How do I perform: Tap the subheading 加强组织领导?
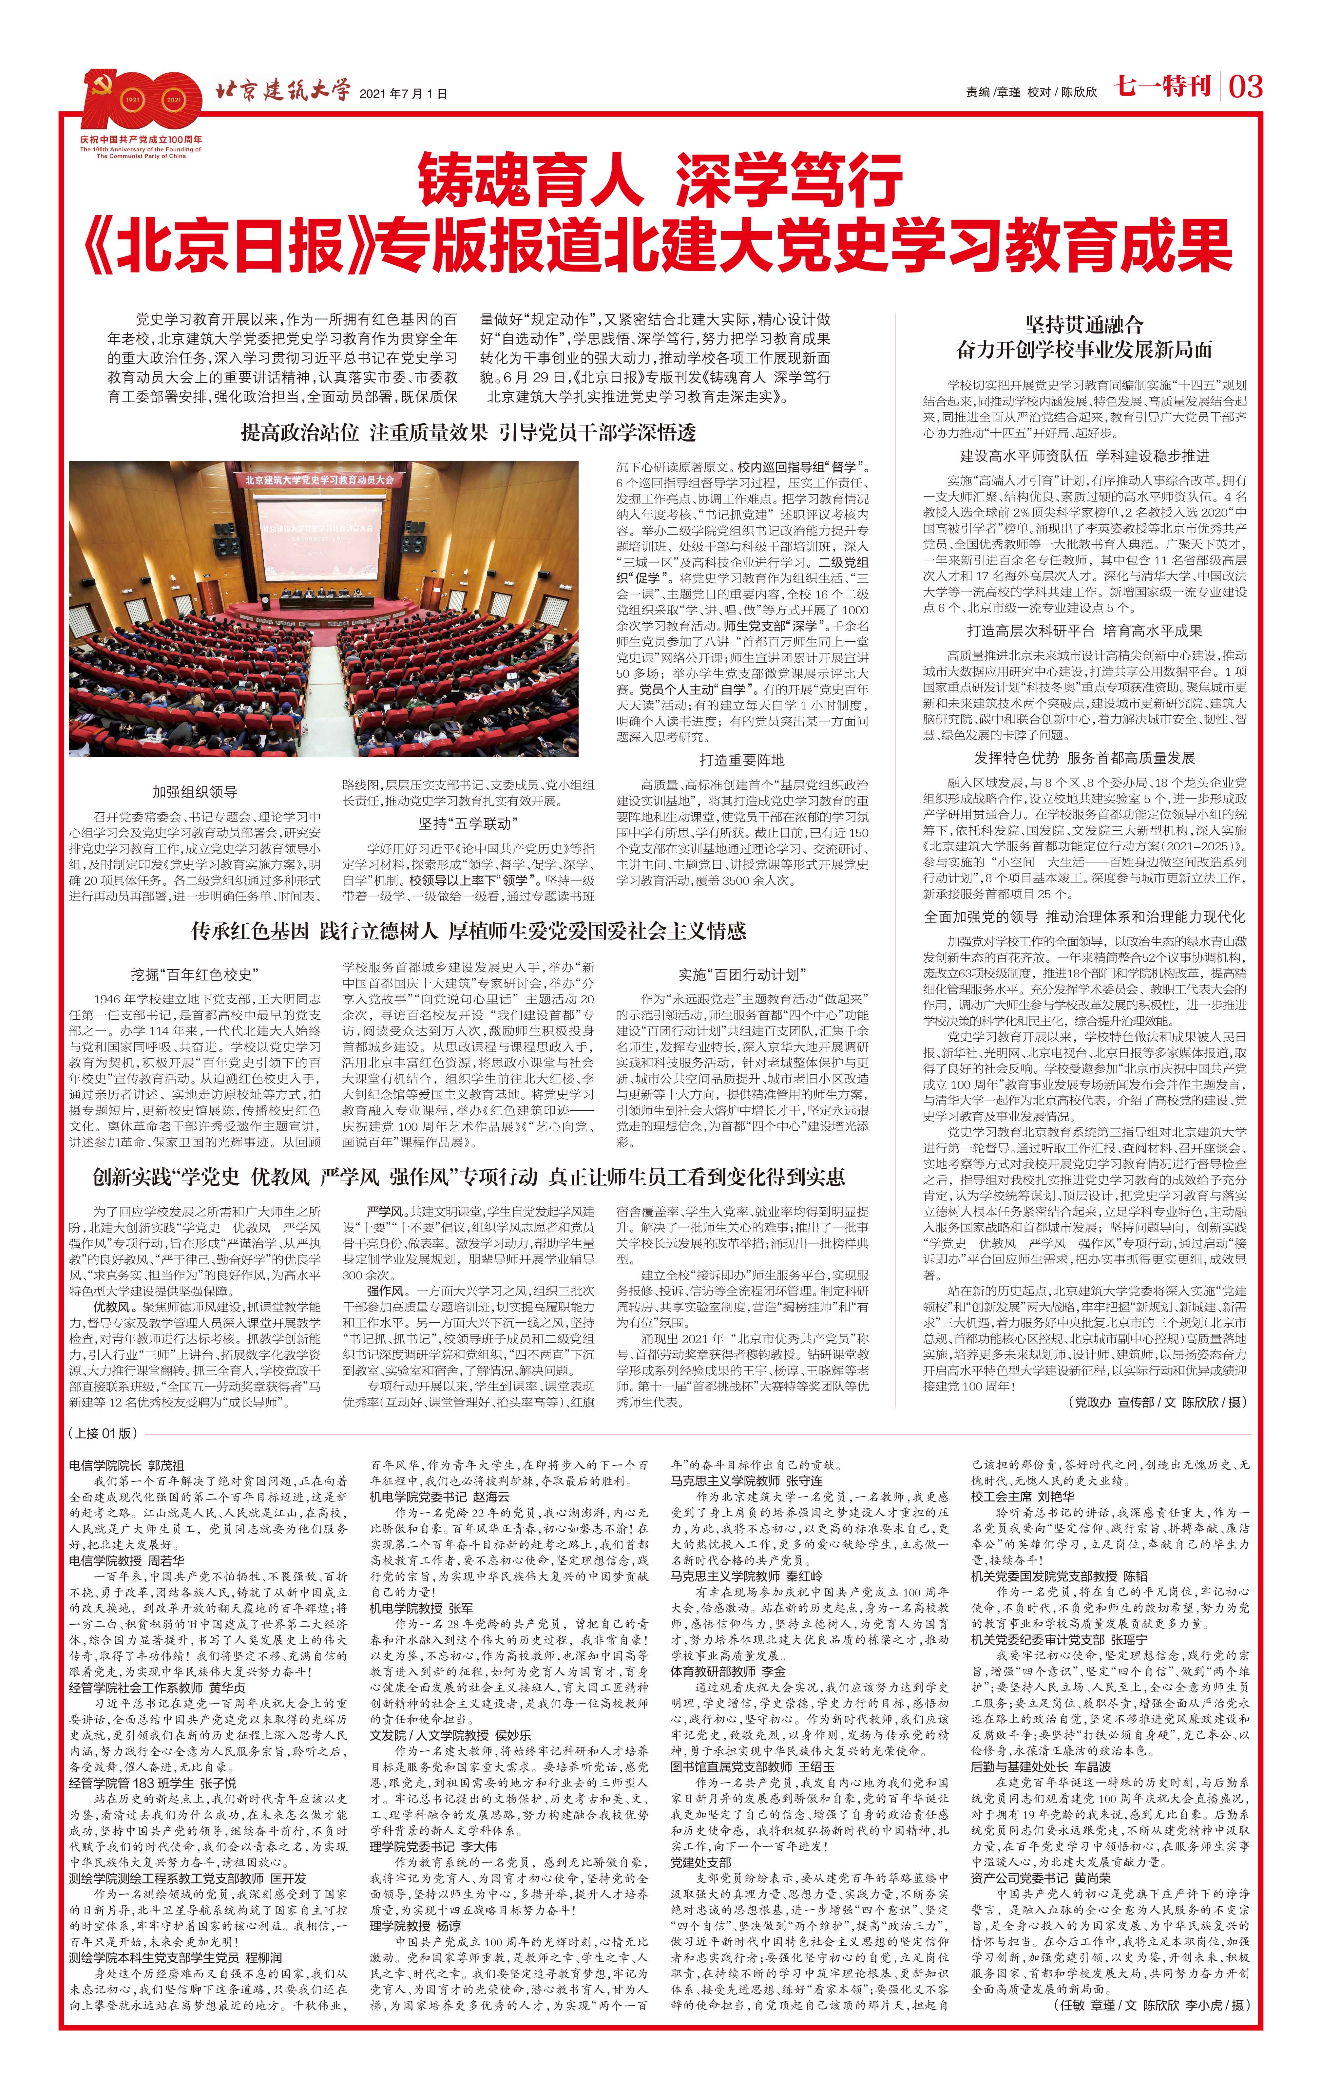point(195,792)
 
